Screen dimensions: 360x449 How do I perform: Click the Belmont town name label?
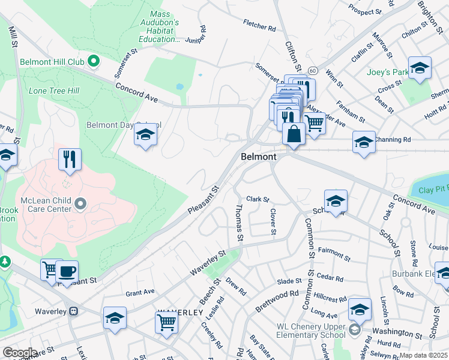click(259, 157)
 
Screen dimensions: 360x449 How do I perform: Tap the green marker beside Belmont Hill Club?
click(93, 61)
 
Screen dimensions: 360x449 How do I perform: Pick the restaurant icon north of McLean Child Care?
click(70, 160)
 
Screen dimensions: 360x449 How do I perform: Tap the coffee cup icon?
click(67, 271)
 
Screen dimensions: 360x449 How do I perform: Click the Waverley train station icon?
click(74, 311)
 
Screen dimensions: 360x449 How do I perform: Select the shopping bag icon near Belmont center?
click(293, 133)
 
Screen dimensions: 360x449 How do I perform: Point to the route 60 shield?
click(312, 70)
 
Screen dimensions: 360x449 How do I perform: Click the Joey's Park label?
click(387, 72)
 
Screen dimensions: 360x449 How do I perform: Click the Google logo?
click(19, 353)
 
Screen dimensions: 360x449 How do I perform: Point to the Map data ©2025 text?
click(423, 355)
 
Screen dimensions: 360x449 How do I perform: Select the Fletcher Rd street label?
click(259, 28)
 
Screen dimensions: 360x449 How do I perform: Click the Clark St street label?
click(258, 199)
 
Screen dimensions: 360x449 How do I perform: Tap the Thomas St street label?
click(239, 223)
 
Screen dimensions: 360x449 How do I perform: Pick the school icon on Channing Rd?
click(363, 142)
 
